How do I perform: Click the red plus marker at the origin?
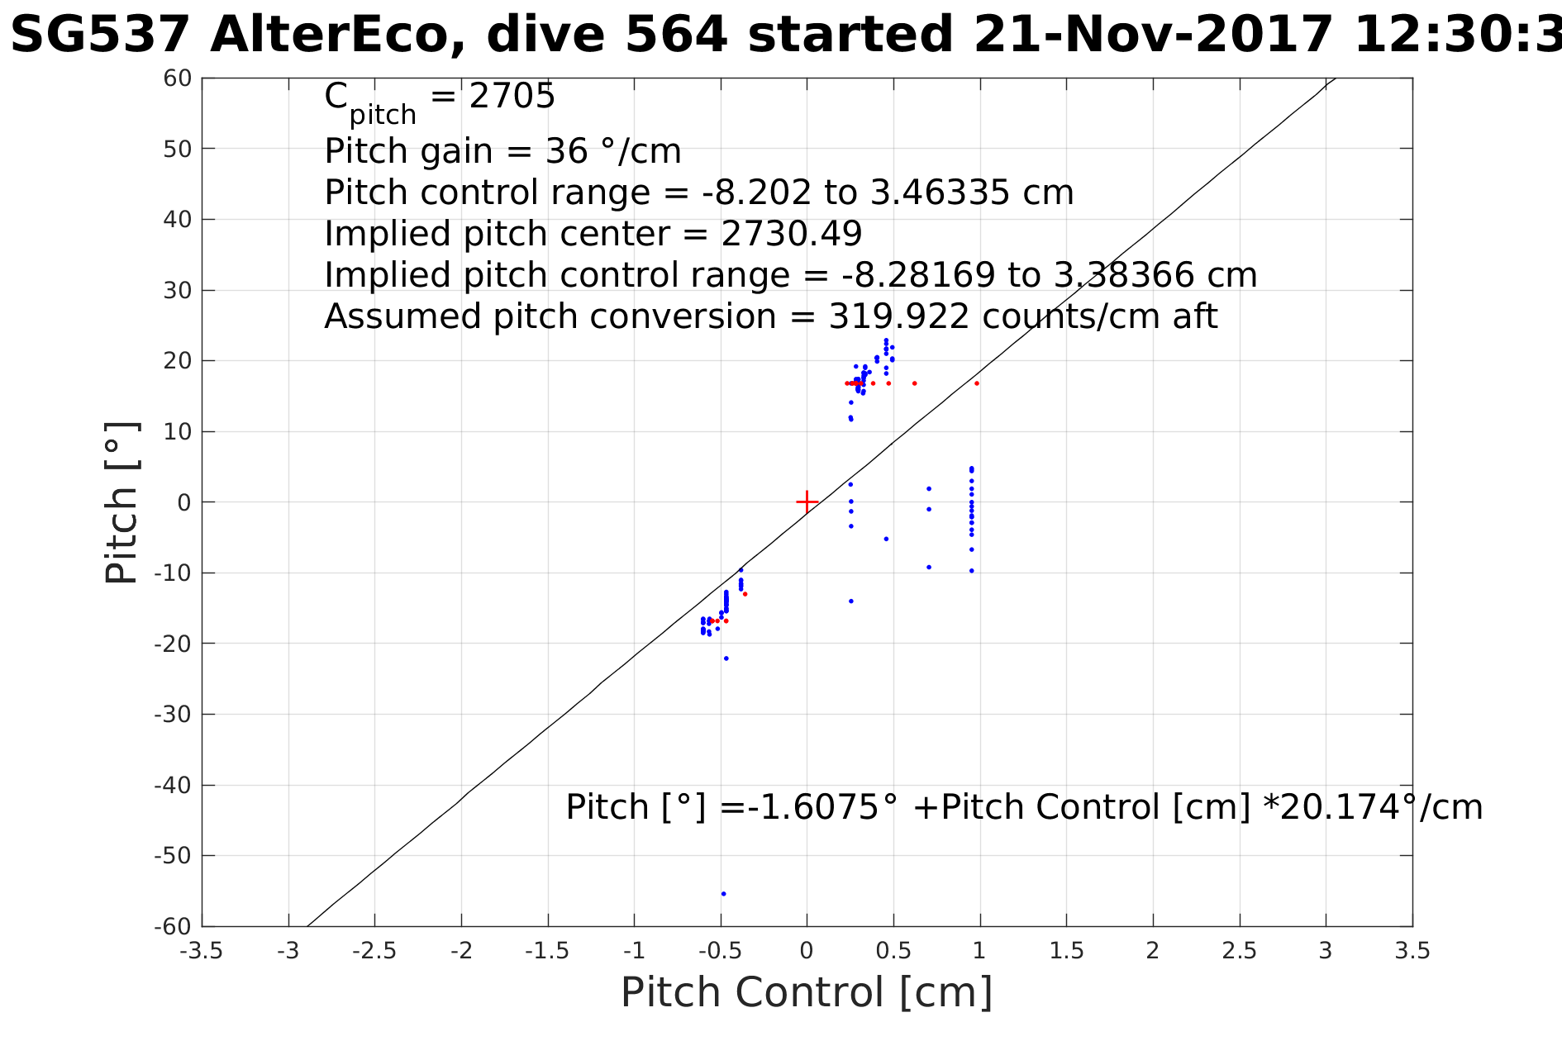point(807,501)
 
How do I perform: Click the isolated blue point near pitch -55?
point(723,893)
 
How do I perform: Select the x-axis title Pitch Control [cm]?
point(806,992)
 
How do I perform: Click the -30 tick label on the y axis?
point(174,714)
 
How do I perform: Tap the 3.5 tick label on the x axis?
point(1412,951)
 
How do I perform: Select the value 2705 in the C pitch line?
point(512,97)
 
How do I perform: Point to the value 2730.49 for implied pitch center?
point(791,234)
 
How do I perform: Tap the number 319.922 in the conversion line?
point(898,316)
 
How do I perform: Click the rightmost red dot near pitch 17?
point(976,383)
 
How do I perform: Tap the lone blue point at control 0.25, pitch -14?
point(850,601)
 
